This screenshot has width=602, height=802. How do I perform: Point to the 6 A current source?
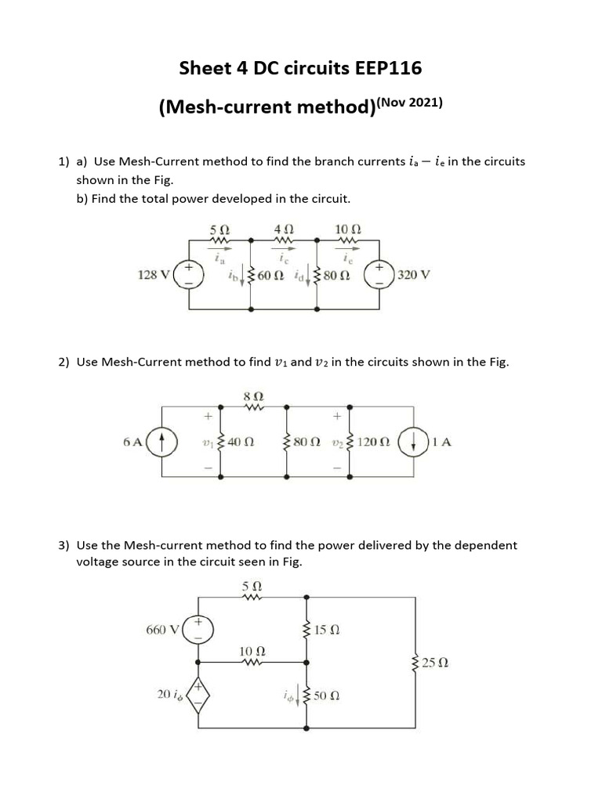pyautogui.click(x=162, y=441)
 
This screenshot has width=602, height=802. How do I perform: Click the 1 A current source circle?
pyautogui.click(x=413, y=441)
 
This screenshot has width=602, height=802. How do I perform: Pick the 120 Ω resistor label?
pyautogui.click(x=373, y=442)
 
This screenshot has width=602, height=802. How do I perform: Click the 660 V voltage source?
pyautogui.click(x=197, y=629)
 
